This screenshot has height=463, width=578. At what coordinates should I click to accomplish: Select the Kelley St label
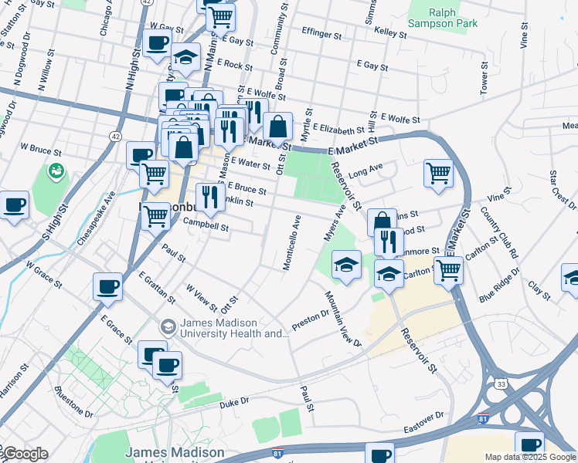(390, 33)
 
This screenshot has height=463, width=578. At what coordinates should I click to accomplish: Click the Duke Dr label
(234, 402)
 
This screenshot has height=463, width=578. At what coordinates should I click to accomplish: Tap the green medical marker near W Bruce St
(56, 171)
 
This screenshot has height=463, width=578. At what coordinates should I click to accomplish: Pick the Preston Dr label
(311, 322)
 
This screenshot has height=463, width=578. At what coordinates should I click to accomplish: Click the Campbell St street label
(206, 227)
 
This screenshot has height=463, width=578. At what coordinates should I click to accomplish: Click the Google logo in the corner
(25, 454)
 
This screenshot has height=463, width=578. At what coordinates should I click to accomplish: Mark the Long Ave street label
(365, 168)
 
